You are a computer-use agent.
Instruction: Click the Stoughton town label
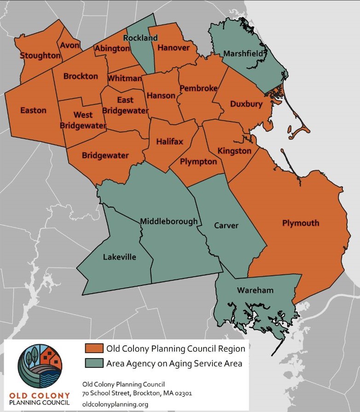coord(41,56)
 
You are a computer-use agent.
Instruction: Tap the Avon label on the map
coord(70,45)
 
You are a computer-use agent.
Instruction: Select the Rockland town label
coord(140,38)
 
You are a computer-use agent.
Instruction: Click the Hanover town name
coord(174,48)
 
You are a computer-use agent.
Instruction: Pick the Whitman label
coord(125,78)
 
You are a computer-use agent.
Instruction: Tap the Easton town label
coord(33,110)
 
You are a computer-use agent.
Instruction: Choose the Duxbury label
coord(246,104)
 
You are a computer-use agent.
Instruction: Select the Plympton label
coord(199,161)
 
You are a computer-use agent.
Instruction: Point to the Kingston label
coord(235,151)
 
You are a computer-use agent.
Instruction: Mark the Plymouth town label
coord(301,223)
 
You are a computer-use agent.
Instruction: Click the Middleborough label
coord(168,221)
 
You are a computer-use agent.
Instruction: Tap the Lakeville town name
coord(119,257)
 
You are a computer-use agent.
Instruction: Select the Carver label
coord(226,226)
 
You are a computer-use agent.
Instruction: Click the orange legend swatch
coord(93,348)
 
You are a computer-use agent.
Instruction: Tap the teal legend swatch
coord(93,363)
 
